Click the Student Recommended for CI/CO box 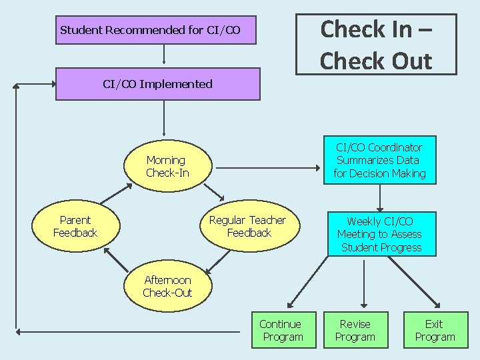coord(155,30)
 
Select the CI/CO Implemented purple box coord(157,84)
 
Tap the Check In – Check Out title coord(376,44)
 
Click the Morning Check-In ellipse coord(167,167)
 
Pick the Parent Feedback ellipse coord(75,227)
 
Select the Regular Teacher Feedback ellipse coord(247,227)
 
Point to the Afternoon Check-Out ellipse coord(167,287)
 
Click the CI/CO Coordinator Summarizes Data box coord(379,161)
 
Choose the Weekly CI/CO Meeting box coord(379,234)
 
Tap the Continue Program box coord(280,331)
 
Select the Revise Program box coord(355,331)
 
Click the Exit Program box coord(434,331)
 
